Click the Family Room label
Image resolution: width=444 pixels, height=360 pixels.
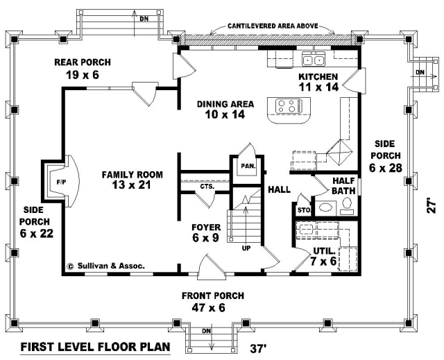pos(133,180)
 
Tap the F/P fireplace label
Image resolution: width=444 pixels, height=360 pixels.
pos(61,182)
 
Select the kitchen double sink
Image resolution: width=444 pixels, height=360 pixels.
pos(314,59)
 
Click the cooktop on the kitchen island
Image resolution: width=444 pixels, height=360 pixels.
pos(289,106)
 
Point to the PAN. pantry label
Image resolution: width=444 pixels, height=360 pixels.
pos(248,166)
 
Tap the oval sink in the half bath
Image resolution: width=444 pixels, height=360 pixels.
pos(325,207)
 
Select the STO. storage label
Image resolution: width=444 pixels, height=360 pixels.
pos(304,210)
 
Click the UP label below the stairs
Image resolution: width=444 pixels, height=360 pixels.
pos(246,248)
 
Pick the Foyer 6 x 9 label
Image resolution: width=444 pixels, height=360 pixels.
pos(206,232)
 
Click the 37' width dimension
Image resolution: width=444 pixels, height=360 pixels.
pos(257,348)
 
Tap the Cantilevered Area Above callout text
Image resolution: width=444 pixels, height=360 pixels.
pos(273,26)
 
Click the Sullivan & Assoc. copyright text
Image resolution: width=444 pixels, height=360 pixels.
pos(105,266)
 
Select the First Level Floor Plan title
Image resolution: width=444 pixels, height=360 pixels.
pos(96,347)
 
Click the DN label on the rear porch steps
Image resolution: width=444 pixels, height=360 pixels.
pos(144,19)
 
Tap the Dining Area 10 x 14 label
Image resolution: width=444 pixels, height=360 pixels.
pos(225,109)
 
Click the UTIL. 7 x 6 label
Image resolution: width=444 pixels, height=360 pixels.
pos(324,256)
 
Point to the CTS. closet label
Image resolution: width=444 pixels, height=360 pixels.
pos(207,187)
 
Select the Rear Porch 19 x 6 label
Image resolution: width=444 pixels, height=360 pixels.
pos(83,69)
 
